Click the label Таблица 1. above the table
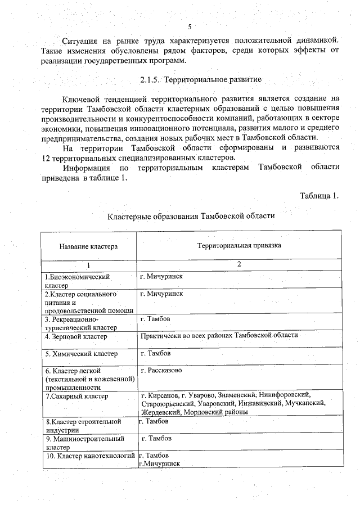(x=320, y=196)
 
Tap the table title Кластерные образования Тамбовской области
(x=191, y=217)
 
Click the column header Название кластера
(x=87, y=246)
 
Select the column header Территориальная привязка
(x=238, y=246)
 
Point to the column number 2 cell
(x=238, y=264)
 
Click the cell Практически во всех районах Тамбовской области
(x=219, y=335)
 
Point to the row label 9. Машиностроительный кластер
(x=84, y=442)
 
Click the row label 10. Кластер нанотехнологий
(x=90, y=455)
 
